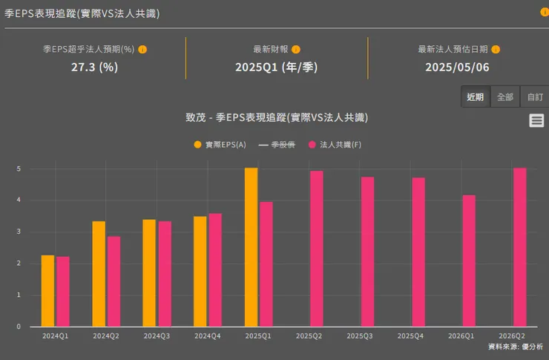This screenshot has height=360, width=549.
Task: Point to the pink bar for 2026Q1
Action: pyautogui.click(x=469, y=261)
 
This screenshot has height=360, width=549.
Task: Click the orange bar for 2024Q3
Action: pyautogui.click(x=149, y=273)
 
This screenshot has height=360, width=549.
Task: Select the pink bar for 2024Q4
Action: pyautogui.click(x=215, y=270)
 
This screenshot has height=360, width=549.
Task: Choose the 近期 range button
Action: pyautogui.click(x=476, y=97)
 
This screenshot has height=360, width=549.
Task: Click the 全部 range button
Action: pyautogui.click(x=505, y=97)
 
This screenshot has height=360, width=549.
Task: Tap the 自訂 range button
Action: pyautogui.click(x=535, y=97)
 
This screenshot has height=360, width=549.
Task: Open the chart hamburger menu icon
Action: pyautogui.click(x=536, y=121)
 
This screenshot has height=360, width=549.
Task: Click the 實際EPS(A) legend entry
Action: pyautogui.click(x=220, y=145)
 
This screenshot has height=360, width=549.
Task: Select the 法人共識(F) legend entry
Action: pyautogui.click(x=335, y=145)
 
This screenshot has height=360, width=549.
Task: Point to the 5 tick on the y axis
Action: pyautogui.click(x=19, y=169)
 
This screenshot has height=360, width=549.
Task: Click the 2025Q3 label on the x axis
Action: pyautogui.click(x=360, y=336)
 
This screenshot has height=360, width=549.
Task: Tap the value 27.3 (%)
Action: pyautogui.click(x=94, y=67)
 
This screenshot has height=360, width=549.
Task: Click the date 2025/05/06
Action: pyautogui.click(x=457, y=67)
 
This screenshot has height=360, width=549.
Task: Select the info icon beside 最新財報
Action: pyautogui.click(x=296, y=50)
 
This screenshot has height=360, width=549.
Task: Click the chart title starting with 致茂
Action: pyautogui.click(x=277, y=117)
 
